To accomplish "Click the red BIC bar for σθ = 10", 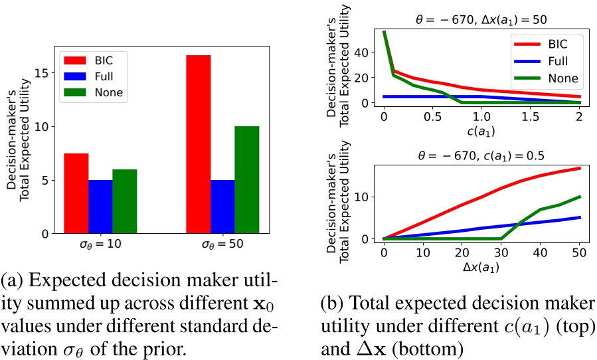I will pos(76,193).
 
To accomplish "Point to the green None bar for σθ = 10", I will pos(124,201).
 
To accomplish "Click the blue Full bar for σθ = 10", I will pos(100,207).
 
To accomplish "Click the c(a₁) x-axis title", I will pos(481,130).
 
